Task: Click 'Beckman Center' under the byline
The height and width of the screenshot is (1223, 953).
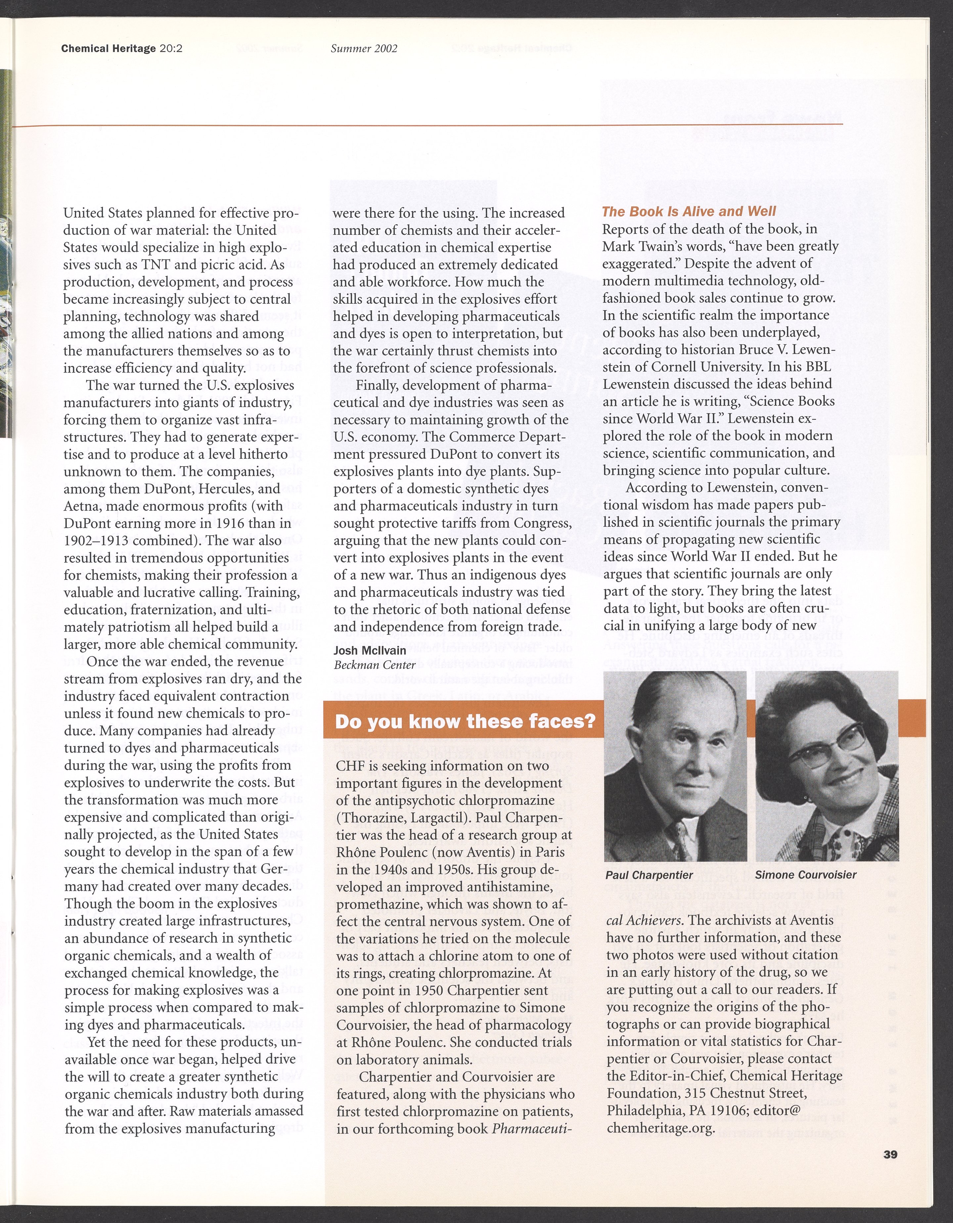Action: pyautogui.click(x=374, y=665)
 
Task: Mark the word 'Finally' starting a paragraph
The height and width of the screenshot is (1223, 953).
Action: pyautogui.click(x=373, y=385)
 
